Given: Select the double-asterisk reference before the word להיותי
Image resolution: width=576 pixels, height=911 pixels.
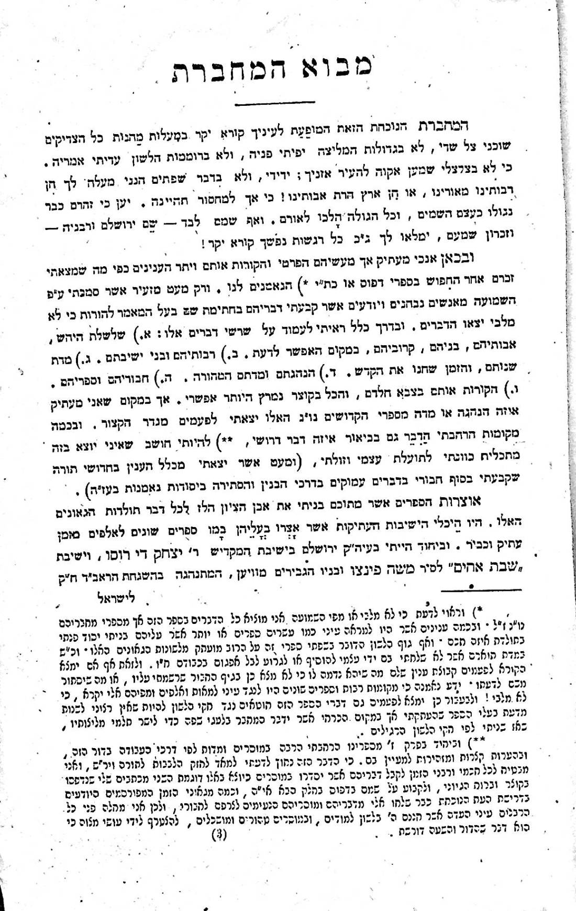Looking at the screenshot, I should pyautogui.click(x=238, y=440).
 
